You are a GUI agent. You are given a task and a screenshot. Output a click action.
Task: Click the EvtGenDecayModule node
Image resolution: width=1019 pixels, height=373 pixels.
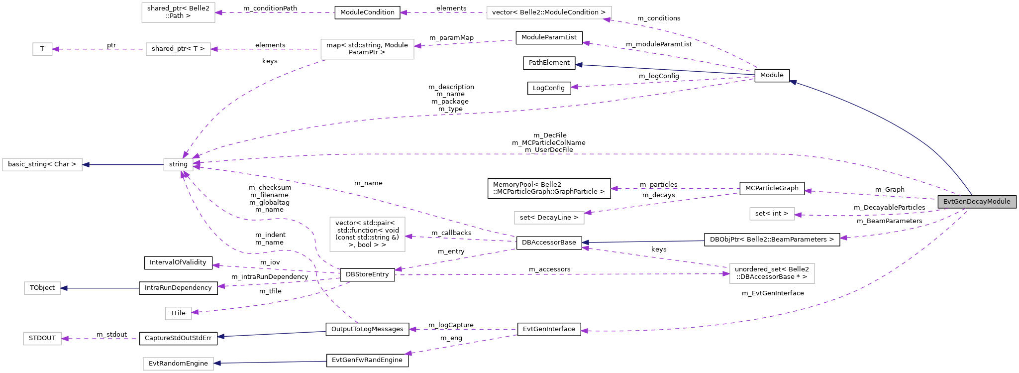[977, 202]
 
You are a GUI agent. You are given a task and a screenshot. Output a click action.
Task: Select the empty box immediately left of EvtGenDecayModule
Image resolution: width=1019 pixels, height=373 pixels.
[772, 214]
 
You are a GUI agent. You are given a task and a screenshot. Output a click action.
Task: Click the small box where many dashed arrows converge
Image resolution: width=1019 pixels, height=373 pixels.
[178, 164]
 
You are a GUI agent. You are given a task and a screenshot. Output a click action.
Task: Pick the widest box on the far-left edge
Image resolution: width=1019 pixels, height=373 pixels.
[42, 164]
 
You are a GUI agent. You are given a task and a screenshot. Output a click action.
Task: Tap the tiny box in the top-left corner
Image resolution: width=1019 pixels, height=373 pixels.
[42, 49]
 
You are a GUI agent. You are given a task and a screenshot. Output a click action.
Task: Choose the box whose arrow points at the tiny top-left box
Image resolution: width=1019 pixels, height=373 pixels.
[178, 49]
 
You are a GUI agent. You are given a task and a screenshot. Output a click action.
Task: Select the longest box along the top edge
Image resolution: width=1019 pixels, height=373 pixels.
[549, 12]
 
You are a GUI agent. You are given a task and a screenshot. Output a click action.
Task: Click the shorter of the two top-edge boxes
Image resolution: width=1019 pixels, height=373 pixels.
[178, 12]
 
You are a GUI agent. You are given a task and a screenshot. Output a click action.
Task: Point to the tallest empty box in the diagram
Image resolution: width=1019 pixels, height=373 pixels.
[367, 234]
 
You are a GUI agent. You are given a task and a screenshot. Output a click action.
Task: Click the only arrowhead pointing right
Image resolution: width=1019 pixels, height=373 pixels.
[726, 274]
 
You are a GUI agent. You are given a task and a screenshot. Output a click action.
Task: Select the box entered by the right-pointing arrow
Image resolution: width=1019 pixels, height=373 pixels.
[772, 273]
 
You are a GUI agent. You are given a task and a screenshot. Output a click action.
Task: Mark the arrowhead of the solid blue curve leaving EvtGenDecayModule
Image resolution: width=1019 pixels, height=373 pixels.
[793, 82]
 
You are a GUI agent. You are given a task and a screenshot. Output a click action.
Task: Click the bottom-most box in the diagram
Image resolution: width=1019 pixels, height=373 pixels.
[178, 364]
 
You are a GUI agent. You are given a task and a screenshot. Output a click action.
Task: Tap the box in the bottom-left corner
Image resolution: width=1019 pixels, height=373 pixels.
[42, 339]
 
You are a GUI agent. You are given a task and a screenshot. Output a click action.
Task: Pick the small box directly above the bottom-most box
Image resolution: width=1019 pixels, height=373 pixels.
[178, 313]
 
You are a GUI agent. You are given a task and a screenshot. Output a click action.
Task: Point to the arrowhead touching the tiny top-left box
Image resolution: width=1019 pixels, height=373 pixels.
[56, 49]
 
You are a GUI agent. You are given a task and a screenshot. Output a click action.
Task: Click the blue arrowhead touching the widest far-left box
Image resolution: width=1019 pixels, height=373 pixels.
[86, 164]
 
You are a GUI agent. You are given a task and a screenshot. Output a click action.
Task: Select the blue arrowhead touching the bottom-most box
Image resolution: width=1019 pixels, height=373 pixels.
[217, 363]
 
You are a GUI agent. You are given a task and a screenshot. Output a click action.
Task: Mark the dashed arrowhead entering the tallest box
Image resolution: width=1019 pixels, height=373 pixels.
[408, 236]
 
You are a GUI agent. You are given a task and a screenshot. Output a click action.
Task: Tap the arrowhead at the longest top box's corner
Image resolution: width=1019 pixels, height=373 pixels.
[607, 20]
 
